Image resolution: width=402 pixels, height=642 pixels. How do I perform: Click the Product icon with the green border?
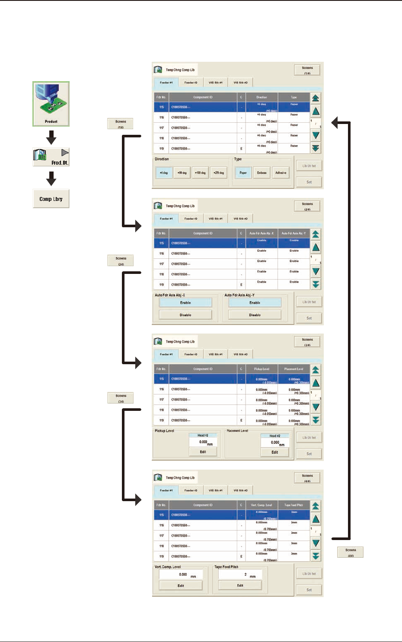click(51, 104)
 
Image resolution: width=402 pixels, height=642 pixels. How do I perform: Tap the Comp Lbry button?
click(51, 199)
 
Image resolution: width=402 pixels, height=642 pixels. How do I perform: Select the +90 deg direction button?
click(182, 173)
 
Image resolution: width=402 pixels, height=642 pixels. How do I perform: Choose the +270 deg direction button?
click(219, 173)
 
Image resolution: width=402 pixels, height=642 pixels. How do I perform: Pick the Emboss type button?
click(262, 173)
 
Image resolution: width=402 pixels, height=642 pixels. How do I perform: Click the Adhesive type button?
click(281, 173)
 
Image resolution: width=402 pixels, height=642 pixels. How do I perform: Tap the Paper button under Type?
click(243, 173)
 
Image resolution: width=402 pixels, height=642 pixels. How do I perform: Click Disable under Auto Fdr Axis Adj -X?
click(185, 315)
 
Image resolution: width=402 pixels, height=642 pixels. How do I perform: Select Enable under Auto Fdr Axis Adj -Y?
click(255, 303)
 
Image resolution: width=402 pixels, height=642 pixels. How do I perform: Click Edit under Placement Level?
click(275, 452)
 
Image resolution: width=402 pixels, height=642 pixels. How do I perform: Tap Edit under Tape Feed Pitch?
click(240, 585)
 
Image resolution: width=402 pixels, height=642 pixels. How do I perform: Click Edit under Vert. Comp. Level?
click(181, 586)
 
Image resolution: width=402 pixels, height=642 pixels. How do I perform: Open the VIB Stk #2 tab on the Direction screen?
click(240, 83)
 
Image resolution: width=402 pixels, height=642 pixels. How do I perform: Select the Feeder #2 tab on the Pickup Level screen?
click(191, 354)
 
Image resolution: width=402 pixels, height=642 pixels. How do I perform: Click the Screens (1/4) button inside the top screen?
click(307, 70)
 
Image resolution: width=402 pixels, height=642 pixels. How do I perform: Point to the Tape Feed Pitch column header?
click(294, 505)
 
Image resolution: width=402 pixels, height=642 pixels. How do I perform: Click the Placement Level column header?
click(294, 369)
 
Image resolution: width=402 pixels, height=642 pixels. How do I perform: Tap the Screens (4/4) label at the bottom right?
click(351, 553)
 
